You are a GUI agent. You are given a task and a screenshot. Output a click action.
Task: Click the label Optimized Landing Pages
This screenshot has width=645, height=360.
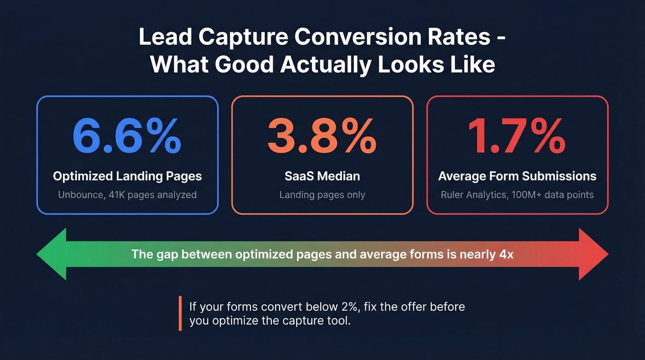(x=127, y=176)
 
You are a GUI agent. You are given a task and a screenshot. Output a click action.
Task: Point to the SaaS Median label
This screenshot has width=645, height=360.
(x=322, y=176)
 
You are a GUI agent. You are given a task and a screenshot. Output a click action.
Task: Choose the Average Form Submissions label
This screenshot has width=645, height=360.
(x=517, y=176)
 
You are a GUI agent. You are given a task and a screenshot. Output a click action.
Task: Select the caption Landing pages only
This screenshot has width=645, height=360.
(x=322, y=195)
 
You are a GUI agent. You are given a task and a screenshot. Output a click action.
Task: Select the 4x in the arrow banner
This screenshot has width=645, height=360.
(x=506, y=254)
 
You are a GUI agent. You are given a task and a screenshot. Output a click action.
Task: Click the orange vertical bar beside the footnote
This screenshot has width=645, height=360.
(x=180, y=313)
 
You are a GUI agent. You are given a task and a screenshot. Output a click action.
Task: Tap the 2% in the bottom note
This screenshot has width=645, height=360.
(x=345, y=307)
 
